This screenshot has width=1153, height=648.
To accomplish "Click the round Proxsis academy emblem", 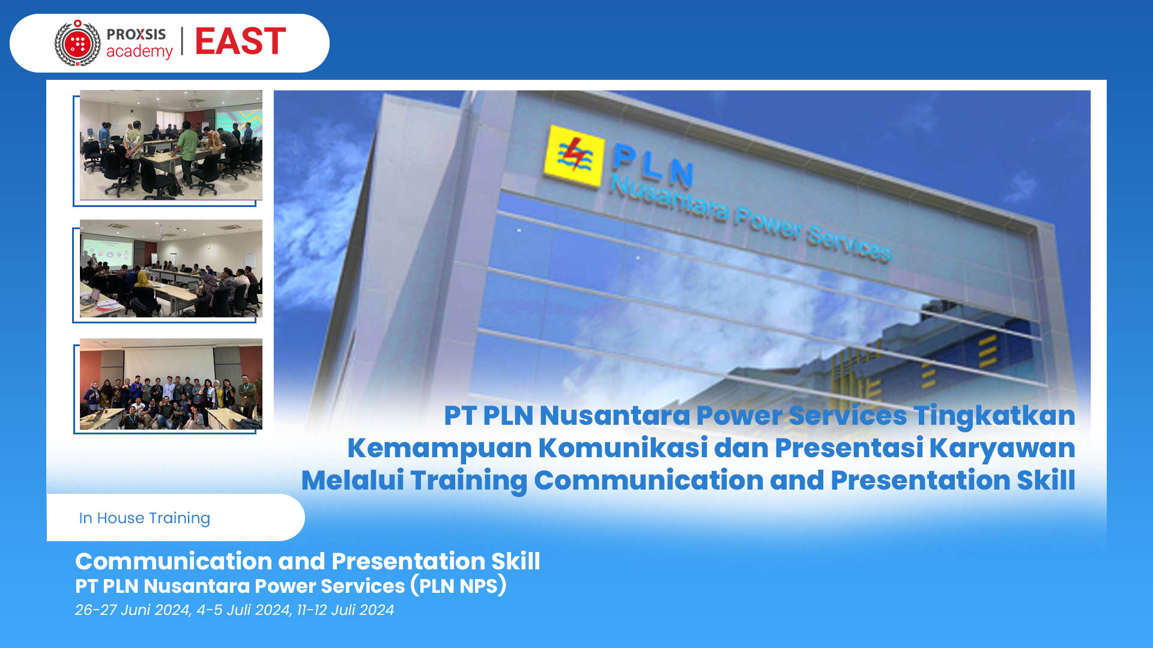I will click(77, 43).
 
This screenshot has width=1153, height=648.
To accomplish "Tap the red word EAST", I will click(240, 41).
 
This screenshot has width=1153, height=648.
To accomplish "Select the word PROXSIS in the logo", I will click(136, 34).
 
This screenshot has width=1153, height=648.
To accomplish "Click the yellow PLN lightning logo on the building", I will click(573, 155).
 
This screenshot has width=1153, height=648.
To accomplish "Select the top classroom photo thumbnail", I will click(171, 145).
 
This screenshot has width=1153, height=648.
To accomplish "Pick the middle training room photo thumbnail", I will click(171, 268).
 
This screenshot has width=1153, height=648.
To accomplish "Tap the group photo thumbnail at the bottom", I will click(171, 384).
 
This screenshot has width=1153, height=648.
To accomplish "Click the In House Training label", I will click(145, 518).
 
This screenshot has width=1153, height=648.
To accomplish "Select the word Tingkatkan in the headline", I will click(994, 415).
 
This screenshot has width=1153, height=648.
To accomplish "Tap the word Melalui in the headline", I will click(353, 480).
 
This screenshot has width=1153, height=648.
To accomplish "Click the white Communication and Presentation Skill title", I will click(307, 561).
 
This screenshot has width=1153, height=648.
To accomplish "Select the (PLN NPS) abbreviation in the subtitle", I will click(459, 586).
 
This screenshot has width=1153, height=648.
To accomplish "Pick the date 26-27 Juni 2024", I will click(132, 610).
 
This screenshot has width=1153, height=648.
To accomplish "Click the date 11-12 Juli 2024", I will click(345, 610).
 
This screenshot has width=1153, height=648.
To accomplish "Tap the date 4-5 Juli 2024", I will click(244, 610).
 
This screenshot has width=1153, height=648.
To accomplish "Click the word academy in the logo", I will click(139, 52).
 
